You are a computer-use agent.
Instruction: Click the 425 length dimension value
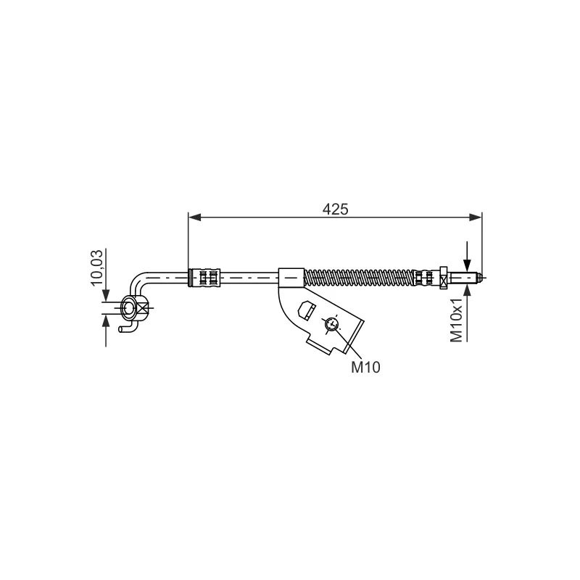click(336, 210)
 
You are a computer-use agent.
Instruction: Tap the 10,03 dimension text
click(97, 268)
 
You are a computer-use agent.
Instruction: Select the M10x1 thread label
click(457, 320)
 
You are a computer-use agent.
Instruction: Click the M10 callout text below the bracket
click(365, 368)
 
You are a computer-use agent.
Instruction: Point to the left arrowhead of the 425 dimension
click(194, 217)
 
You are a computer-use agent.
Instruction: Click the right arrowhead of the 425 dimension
click(476, 217)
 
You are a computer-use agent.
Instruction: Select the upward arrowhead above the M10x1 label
click(467, 290)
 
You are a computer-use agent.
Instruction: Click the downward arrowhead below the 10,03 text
click(106, 296)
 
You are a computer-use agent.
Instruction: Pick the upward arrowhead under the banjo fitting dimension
click(106, 320)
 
